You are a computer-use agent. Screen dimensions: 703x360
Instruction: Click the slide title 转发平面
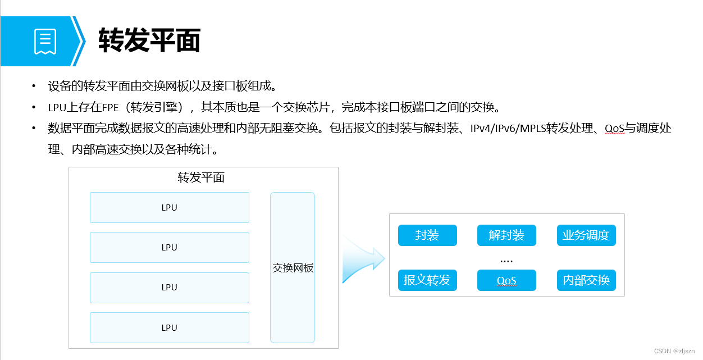pyautogui.click(x=149, y=41)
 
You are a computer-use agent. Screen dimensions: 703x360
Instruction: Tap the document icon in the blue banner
pyautogui.click(x=45, y=42)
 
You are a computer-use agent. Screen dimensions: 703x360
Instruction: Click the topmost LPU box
pyautogui.click(x=169, y=207)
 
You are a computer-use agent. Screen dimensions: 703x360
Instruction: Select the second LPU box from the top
pyautogui.click(x=169, y=247)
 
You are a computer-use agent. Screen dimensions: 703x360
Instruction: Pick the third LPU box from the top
pyautogui.click(x=169, y=287)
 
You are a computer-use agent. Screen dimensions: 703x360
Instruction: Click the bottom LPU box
pyautogui.click(x=169, y=327)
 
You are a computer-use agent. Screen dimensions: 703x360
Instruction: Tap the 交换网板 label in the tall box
pyautogui.click(x=293, y=268)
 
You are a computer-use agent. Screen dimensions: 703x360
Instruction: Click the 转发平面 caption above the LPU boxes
pyautogui.click(x=201, y=178)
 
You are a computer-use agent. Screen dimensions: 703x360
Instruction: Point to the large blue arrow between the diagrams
pyautogui.click(x=363, y=259)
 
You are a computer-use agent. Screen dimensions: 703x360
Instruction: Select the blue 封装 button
pyautogui.click(x=427, y=235)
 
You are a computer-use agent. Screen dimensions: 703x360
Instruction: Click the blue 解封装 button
pyautogui.click(x=506, y=235)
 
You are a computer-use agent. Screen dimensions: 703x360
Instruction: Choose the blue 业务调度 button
pyautogui.click(x=586, y=235)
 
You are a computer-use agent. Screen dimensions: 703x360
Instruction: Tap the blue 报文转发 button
pyautogui.click(x=427, y=280)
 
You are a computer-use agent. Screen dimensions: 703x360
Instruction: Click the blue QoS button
pyautogui.click(x=506, y=280)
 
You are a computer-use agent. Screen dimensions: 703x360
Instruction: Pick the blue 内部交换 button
pyautogui.click(x=586, y=280)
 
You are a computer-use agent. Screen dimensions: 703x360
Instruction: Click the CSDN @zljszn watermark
pyautogui.click(x=674, y=350)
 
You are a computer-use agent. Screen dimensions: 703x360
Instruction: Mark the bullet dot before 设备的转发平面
pyautogui.click(x=34, y=86)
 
